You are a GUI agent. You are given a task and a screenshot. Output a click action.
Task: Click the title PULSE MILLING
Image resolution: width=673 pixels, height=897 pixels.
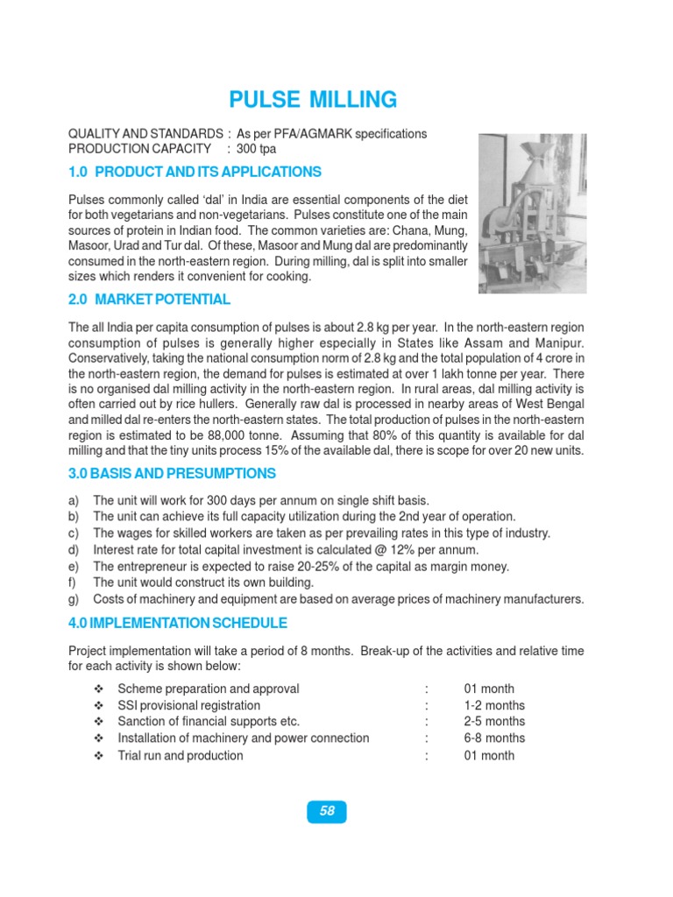click(x=312, y=99)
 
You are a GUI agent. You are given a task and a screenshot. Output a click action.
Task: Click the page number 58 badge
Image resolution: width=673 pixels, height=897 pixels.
click(x=327, y=811)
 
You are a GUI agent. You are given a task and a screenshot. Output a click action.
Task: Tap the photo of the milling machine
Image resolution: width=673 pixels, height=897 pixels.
click(x=532, y=214)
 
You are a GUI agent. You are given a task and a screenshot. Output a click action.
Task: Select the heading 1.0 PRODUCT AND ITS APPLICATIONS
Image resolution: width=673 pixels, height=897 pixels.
click(x=195, y=172)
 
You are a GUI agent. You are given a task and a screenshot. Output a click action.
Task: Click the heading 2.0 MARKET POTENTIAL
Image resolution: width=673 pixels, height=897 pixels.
click(x=149, y=300)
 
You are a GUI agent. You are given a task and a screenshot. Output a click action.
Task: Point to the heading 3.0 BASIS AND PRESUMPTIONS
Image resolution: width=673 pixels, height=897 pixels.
click(x=172, y=474)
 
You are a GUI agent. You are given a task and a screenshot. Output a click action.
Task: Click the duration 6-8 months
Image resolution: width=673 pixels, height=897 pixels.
click(x=494, y=738)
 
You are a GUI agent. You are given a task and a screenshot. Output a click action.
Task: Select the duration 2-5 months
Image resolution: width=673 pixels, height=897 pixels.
click(x=494, y=722)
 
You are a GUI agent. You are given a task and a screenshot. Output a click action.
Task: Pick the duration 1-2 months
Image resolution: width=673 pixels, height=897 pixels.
click(x=494, y=705)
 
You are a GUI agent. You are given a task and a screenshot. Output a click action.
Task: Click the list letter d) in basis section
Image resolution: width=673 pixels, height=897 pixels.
click(x=74, y=550)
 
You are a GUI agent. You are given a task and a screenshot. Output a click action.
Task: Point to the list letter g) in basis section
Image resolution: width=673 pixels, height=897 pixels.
click(x=74, y=600)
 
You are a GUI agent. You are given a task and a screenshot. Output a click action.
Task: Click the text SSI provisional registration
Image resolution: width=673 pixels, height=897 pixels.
click(x=188, y=705)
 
